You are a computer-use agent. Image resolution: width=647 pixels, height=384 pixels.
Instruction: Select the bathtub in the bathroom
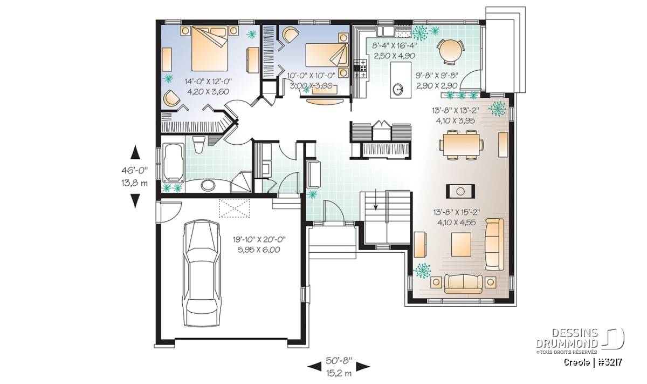(173, 163)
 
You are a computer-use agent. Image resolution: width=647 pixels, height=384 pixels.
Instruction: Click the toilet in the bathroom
(199, 144)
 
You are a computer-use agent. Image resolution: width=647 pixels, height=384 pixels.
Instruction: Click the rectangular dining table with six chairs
(461, 145)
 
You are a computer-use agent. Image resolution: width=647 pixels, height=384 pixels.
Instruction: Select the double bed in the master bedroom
(209, 48)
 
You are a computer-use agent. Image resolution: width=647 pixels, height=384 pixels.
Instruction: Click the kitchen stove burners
(362, 69)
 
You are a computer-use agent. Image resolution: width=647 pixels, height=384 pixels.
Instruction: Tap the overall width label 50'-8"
(339, 361)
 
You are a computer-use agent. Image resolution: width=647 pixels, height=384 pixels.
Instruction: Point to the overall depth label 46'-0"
(135, 171)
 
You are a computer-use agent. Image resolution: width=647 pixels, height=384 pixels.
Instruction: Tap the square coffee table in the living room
(462, 245)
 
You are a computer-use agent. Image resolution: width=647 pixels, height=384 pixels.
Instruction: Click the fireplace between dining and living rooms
(460, 191)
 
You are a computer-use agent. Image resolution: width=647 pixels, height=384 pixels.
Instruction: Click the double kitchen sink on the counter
(386, 30)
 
